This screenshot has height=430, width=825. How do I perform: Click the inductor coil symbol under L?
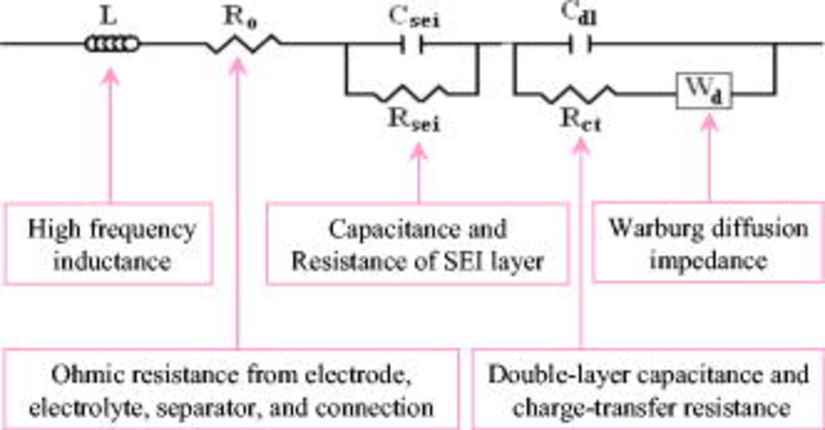pyautogui.click(x=111, y=44)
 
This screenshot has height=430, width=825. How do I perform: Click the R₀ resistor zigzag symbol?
pyautogui.click(x=244, y=44)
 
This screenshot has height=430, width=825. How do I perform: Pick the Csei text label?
pyautogui.click(x=418, y=19)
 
